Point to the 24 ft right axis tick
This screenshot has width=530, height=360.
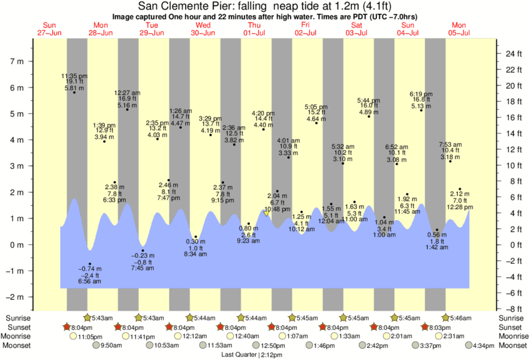tap(513, 53)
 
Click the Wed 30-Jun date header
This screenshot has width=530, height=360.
tap(203, 29)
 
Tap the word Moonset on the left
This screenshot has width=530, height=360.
tap(17, 345)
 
